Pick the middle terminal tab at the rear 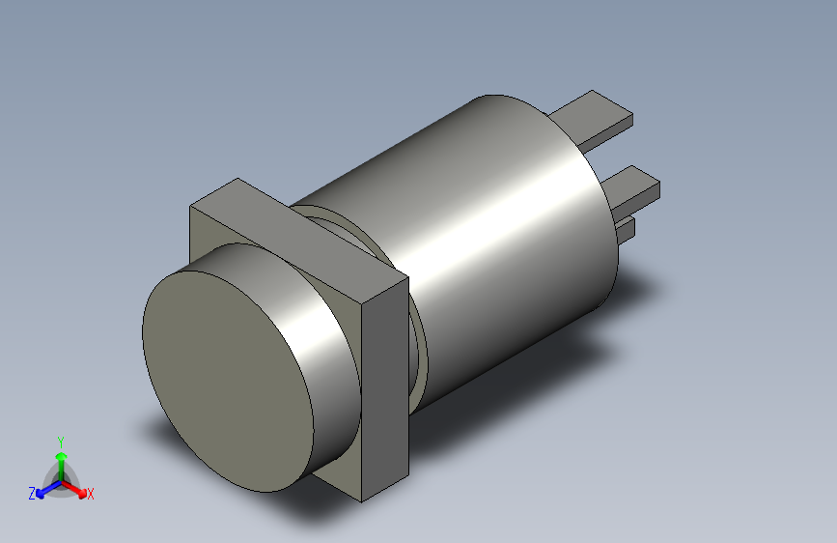coord(632,185)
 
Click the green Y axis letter coord(60,441)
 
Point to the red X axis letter coord(91,495)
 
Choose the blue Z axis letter coord(32,494)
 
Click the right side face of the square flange coord(385,386)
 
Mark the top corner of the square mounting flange coord(237,181)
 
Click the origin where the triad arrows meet coord(61,481)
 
